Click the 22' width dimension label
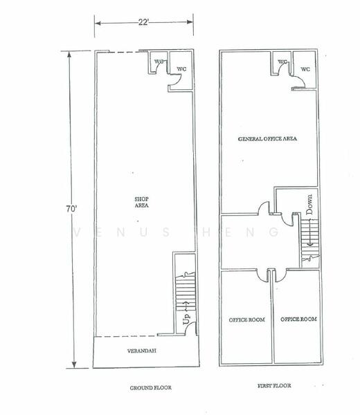[143, 22]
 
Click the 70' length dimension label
[71, 209]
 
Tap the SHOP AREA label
[141, 202]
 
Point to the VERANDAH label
[142, 351]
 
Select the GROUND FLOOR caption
[150, 388]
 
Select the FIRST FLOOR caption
[274, 386]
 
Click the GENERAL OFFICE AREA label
[267, 139]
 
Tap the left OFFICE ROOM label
[247, 320]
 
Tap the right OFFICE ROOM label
[298, 319]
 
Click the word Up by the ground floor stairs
[186, 319]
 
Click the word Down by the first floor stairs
[309, 204]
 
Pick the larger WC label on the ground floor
[181, 69]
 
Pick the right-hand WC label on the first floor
[305, 69]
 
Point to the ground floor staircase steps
[186, 293]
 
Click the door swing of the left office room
[262, 277]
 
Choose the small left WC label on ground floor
[159, 62]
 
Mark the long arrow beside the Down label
[310, 232]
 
